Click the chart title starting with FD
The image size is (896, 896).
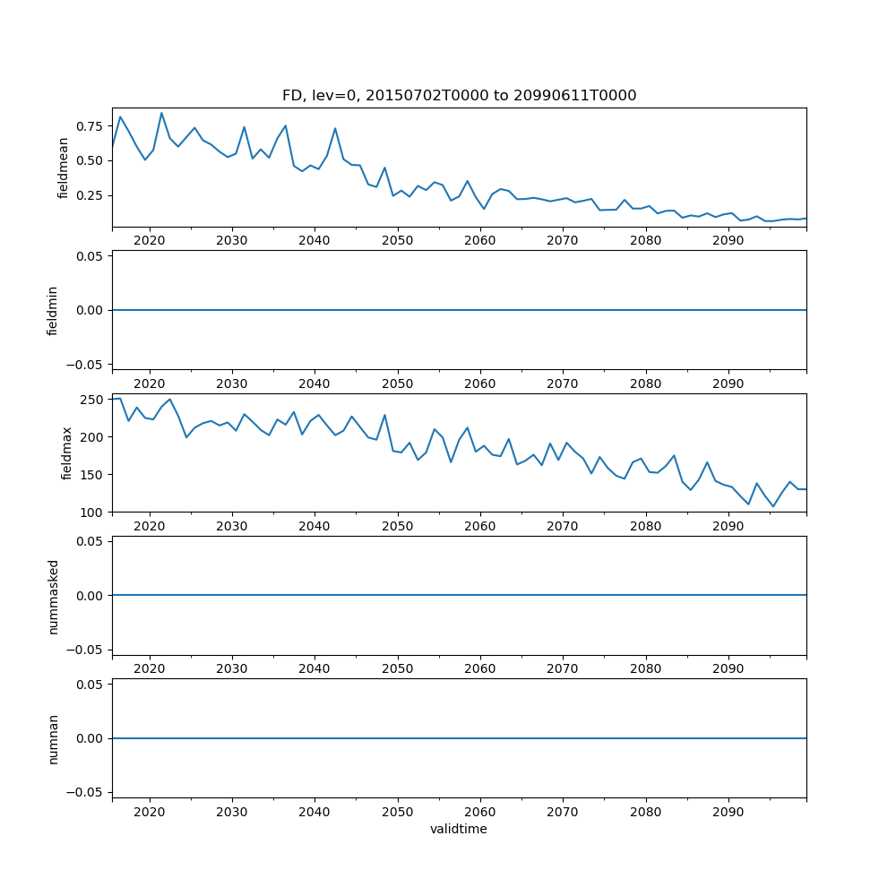coord(459,96)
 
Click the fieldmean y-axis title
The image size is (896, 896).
coord(64,168)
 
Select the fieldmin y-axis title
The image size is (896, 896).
coord(53,311)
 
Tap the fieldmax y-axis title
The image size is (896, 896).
coord(66,453)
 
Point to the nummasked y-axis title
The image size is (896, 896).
coord(53,596)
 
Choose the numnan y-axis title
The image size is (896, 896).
coord(53,739)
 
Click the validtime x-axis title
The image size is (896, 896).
coord(459,830)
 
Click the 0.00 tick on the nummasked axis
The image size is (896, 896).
coord(88,596)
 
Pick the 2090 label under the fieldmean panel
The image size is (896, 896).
coord(728,241)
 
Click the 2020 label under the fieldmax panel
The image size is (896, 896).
coord(149,527)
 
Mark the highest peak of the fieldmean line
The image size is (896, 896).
coord(161,113)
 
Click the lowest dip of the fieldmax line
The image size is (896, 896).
coord(773,507)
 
